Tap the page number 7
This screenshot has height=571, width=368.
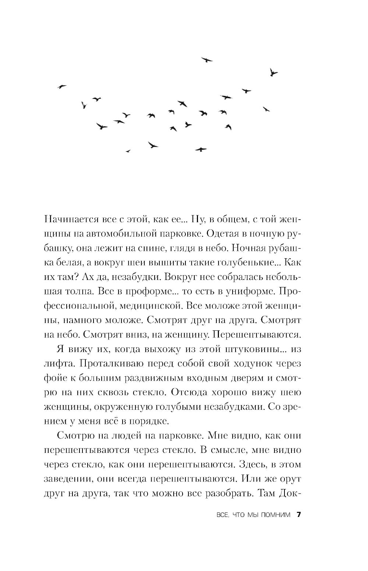[299, 514]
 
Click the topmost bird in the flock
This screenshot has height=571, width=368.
[207, 60]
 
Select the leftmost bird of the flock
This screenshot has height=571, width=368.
[62, 86]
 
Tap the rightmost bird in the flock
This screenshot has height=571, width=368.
[273, 72]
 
